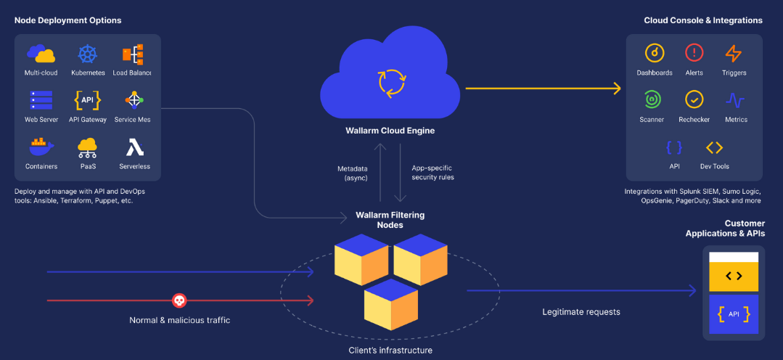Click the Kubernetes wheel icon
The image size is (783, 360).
88,54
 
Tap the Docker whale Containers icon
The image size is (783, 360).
41,146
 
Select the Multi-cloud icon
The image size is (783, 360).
41,54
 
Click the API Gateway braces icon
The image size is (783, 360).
88,100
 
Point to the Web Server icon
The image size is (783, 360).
41,100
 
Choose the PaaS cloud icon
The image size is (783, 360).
88,147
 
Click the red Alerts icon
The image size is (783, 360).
694,53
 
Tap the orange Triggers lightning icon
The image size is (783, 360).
734,53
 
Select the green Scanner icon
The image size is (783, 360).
652,99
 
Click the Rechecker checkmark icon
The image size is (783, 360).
694,99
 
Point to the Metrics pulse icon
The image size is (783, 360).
735,99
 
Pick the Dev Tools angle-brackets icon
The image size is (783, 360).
715,147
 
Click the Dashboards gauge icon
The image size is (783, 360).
655,53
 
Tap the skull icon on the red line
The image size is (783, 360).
179,300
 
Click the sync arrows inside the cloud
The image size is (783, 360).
390,82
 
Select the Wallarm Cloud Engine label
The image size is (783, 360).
390,131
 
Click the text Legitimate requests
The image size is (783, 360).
581,312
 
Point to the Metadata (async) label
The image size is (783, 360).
353,173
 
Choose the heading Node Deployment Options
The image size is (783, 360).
68,20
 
